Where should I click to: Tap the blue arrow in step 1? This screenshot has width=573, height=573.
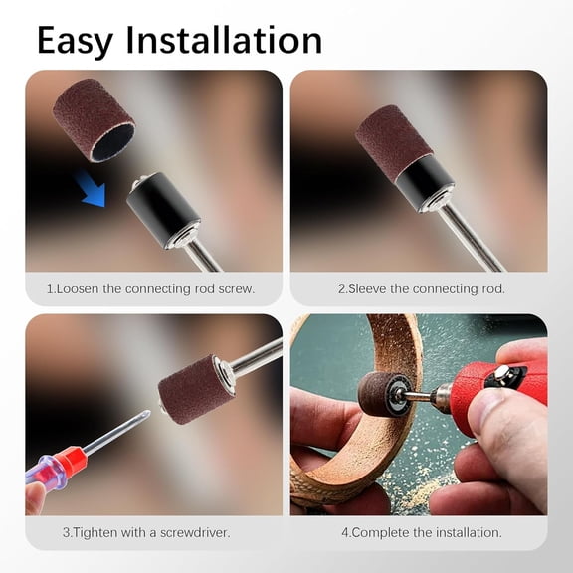point(93,186)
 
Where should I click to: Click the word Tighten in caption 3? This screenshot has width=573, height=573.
point(97,532)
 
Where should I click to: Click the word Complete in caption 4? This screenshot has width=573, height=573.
point(381,532)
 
